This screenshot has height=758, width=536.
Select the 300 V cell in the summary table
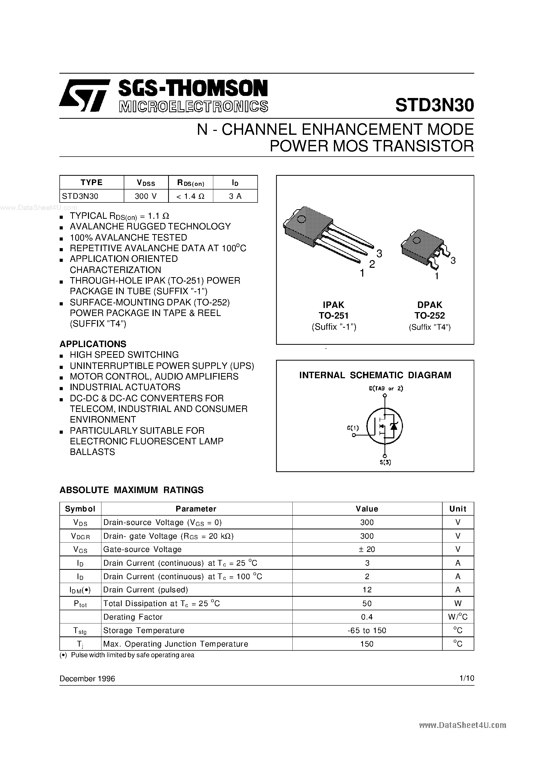(146, 196)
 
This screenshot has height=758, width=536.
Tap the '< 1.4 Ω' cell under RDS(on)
(190, 196)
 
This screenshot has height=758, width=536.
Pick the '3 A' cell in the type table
(235, 196)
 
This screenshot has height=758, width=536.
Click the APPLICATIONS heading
(93, 344)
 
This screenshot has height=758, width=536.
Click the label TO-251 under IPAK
(333, 315)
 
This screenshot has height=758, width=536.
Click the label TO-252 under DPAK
(430, 315)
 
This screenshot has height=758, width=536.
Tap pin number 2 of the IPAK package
(372, 264)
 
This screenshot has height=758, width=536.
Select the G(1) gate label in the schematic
(353, 428)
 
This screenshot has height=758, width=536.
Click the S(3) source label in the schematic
(385, 462)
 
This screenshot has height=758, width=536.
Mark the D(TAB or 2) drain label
(386, 389)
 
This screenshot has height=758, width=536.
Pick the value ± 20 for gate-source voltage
(367, 549)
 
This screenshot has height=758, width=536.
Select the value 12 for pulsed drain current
(367, 590)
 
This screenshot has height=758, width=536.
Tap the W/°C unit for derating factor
(458, 617)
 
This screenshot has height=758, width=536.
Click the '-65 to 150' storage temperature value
(367, 630)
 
